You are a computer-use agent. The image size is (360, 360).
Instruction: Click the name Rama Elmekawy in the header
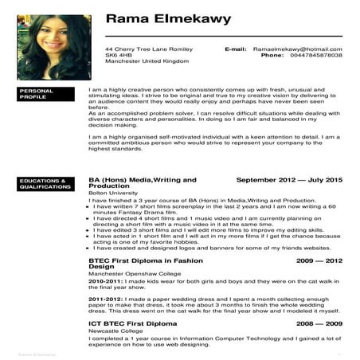pyautogui.click(x=168, y=18)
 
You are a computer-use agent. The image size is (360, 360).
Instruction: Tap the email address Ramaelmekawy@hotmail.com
pyautogui.click(x=297, y=49)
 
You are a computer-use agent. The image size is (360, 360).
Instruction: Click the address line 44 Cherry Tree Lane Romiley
pyautogui.click(x=148, y=49)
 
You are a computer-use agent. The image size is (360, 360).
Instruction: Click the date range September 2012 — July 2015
pyautogui.click(x=289, y=181)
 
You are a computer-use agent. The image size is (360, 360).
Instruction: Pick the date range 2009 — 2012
pyautogui.click(x=319, y=260)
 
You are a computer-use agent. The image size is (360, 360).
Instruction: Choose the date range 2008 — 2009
pyautogui.click(x=319, y=324)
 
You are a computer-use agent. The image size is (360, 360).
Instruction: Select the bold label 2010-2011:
pyautogui.click(x=105, y=281)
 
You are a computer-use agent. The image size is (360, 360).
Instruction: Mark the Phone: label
pyautogui.click(x=272, y=56)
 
